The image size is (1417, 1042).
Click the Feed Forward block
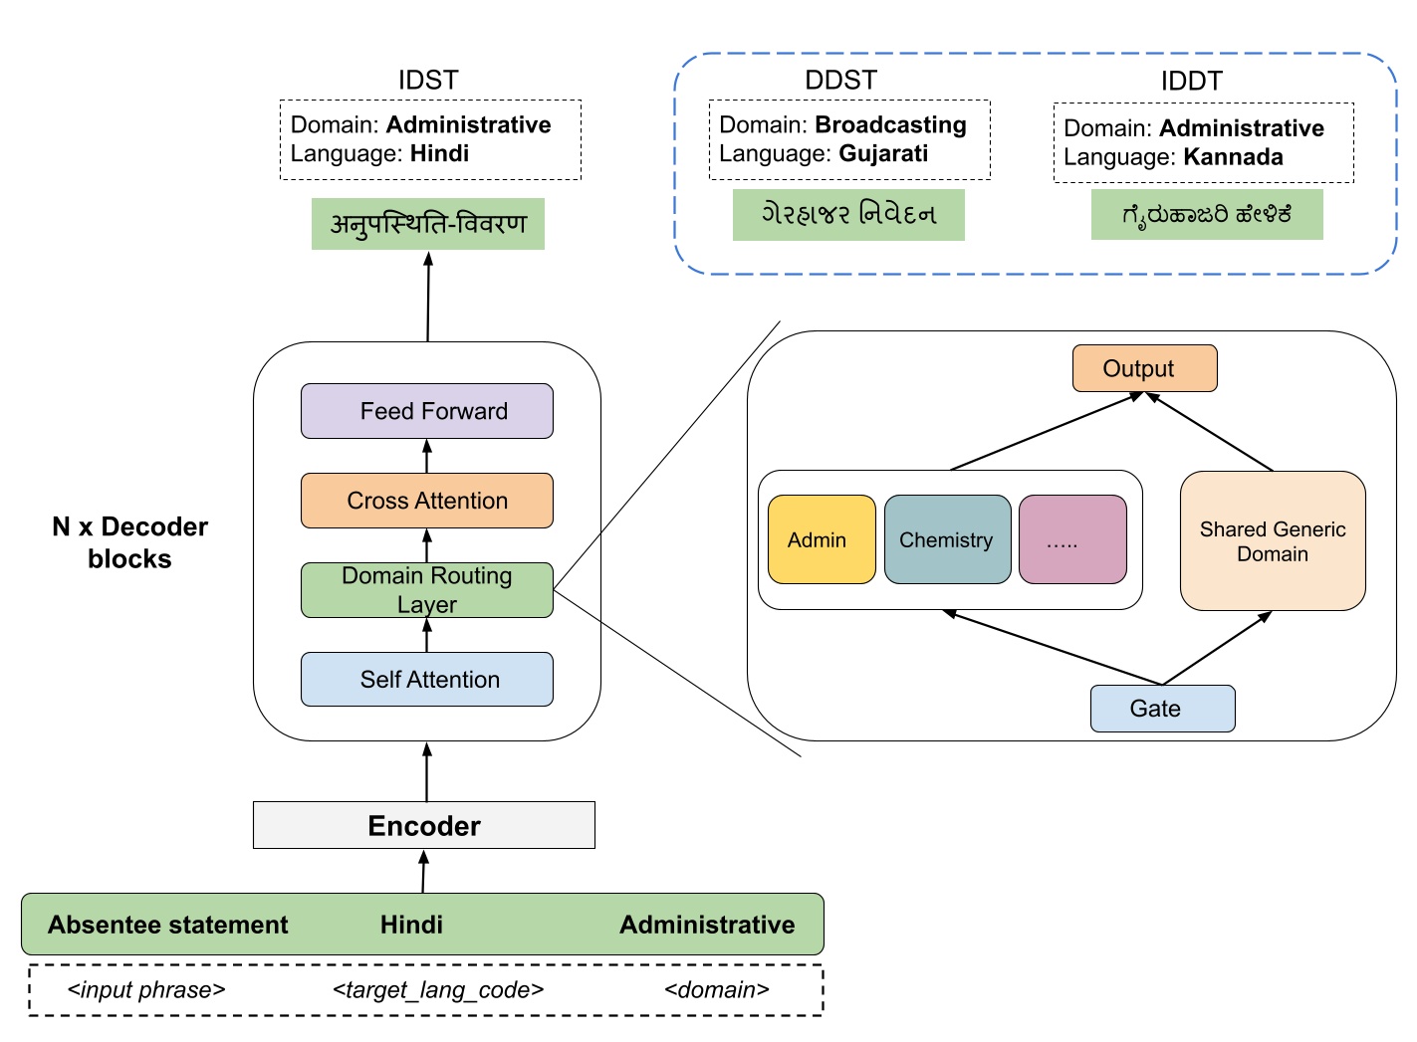coord(427,411)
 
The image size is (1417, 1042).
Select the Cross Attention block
coord(427,501)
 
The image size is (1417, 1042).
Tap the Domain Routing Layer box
coord(427,590)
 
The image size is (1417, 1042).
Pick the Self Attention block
coord(427,680)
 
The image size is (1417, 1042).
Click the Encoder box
coord(424,825)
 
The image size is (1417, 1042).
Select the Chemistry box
coord(947,539)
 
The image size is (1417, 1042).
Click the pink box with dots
coord(1072,539)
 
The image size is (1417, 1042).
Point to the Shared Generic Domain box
coord(1273,540)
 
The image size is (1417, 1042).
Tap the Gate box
coord(1162,709)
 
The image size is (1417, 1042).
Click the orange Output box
coord(1144,368)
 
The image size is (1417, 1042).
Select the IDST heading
coord(428,80)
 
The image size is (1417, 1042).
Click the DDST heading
coord(840,80)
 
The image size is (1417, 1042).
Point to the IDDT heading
coord(1191,81)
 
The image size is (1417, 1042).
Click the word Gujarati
coord(883,153)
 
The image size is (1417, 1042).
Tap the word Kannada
coord(1233,157)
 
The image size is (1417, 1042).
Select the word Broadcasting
coord(890,124)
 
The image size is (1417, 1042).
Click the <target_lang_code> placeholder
coord(438,989)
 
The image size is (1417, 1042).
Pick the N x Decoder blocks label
coord(129,542)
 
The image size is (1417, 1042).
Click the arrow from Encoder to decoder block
coord(427,771)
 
